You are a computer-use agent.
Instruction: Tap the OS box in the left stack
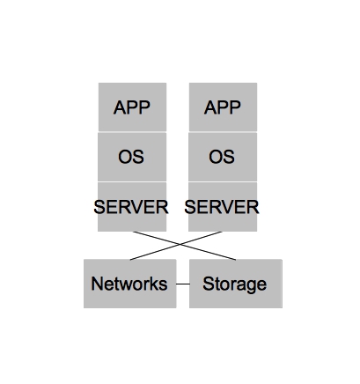(x=132, y=157)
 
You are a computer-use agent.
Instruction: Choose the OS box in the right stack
(x=223, y=157)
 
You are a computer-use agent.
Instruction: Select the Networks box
(x=129, y=284)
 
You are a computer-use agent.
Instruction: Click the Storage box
(x=235, y=284)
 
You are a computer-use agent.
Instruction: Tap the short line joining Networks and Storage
(x=182, y=284)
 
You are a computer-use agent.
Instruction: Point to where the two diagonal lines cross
(x=183, y=246)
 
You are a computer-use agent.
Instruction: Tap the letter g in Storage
(x=251, y=286)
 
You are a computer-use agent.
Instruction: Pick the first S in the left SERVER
(x=99, y=208)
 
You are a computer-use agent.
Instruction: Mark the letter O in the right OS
(x=216, y=158)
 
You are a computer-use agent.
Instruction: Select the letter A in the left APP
(x=120, y=108)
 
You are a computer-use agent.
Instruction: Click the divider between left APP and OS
(x=132, y=132)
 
